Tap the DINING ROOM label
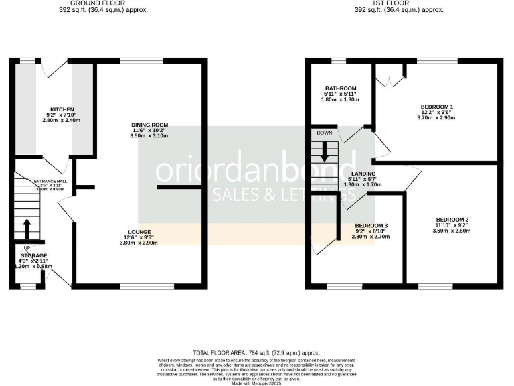click(x=149, y=125)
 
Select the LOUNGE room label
click(x=139, y=232)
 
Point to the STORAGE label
click(x=33, y=256)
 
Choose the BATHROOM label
click(x=341, y=88)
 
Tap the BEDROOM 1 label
click(x=437, y=107)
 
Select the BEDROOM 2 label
click(x=452, y=220)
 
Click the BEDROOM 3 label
click(x=371, y=225)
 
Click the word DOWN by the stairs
click(x=325, y=133)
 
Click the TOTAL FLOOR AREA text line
click(x=256, y=352)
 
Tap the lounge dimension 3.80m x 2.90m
click(x=139, y=243)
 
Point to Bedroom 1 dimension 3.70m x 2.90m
click(x=437, y=118)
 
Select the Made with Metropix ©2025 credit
click(x=256, y=382)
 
